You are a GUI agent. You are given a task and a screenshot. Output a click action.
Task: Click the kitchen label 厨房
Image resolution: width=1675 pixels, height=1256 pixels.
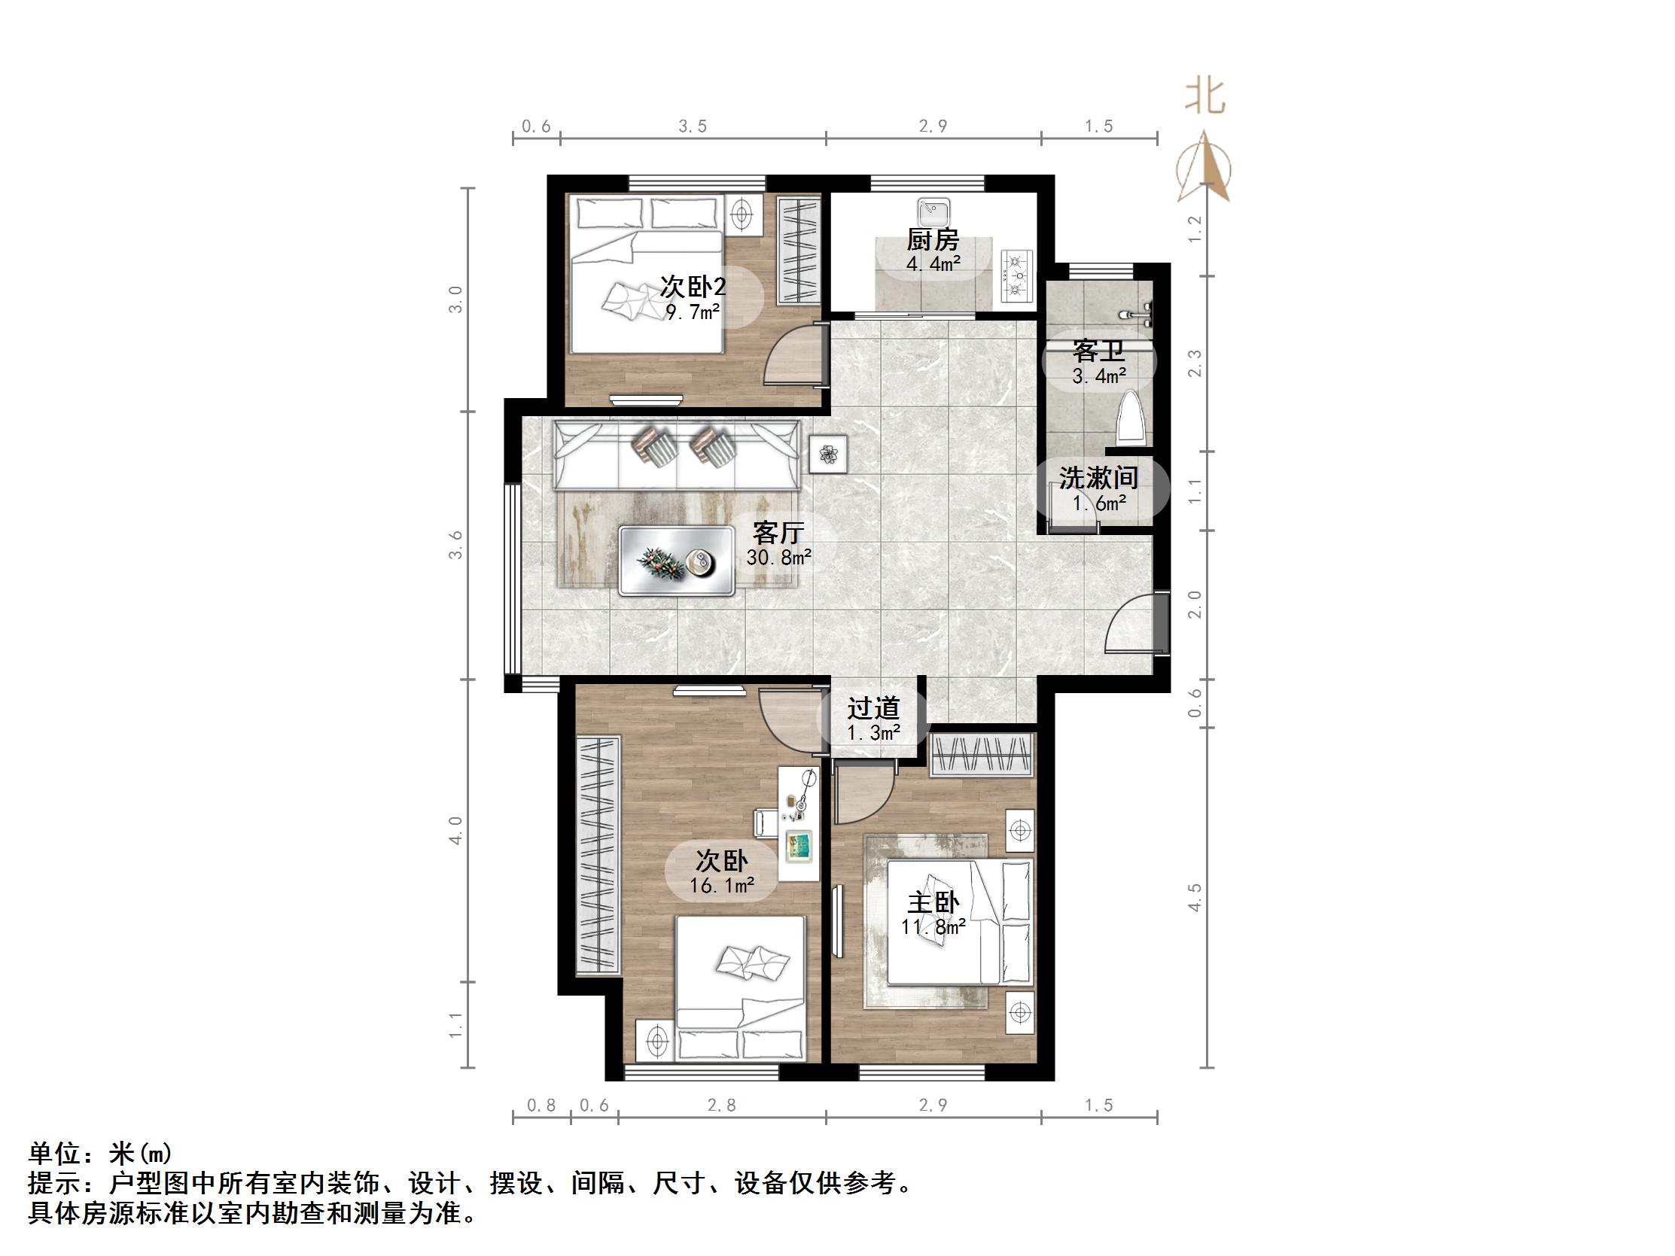pos(933,240)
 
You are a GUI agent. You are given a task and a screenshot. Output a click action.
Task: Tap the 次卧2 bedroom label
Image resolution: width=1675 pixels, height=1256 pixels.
pos(693,287)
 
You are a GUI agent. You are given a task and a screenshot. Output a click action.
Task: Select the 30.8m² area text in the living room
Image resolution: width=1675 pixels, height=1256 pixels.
pos(778,558)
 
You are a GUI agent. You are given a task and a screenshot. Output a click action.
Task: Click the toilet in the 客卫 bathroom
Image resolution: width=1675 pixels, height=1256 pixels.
pos(1131,418)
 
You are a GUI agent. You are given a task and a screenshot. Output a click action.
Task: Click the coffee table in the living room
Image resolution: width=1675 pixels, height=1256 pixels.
pos(676,561)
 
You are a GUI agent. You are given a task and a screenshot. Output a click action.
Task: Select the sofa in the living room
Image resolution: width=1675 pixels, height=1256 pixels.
pos(676,457)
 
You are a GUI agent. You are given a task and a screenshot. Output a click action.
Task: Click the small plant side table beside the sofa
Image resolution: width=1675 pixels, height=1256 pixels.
pos(828,455)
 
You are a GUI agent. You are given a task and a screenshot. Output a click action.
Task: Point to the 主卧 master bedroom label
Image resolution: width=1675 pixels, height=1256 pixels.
pos(933,903)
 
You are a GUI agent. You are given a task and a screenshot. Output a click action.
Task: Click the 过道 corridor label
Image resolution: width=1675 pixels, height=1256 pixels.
pos(873,709)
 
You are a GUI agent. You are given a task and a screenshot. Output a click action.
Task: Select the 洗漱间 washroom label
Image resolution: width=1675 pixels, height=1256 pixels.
pos(1099,479)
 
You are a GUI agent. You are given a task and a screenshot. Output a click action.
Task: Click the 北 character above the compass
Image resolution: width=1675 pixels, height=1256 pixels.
pos(1205,98)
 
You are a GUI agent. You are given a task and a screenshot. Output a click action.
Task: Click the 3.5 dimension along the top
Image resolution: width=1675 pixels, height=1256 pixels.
pos(692,126)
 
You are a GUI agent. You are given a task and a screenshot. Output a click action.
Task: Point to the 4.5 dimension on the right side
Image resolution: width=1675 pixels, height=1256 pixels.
pos(1195,898)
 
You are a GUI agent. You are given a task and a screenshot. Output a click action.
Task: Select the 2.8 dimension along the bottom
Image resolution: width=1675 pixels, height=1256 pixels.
pos(721,1105)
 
